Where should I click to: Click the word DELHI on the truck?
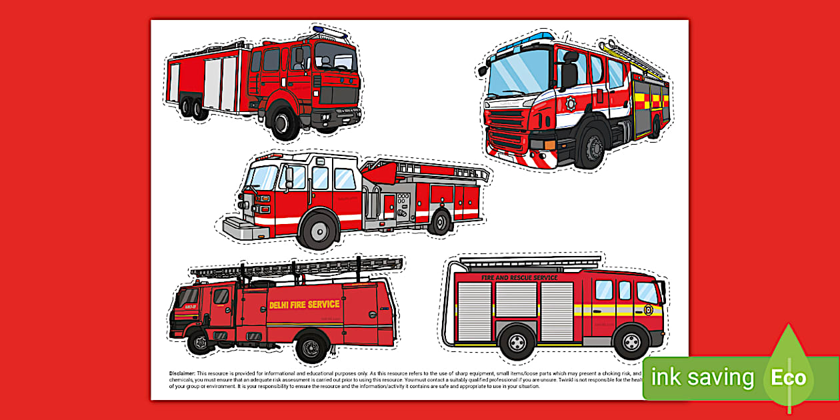[x=281, y=305]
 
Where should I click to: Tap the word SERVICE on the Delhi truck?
[x=324, y=304]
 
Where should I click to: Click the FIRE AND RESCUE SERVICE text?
[x=519, y=277]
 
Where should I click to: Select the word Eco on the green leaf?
[x=789, y=378]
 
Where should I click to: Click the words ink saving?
[x=703, y=378]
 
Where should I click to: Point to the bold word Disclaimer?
[x=183, y=374]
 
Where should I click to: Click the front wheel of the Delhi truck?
[x=199, y=343]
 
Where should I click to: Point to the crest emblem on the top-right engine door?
[x=570, y=103]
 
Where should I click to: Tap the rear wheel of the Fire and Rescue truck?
[x=516, y=343]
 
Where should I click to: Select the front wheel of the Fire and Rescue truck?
[x=631, y=343]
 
